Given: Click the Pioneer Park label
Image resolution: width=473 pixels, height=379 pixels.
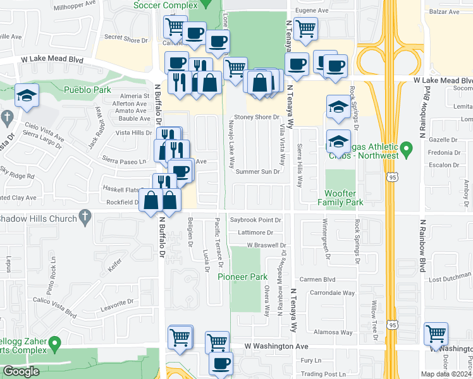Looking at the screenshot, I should [x=243, y=277].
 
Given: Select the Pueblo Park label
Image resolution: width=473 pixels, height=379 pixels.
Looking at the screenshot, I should [x=87, y=90].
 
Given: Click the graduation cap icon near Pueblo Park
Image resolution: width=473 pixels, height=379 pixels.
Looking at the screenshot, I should [x=27, y=95].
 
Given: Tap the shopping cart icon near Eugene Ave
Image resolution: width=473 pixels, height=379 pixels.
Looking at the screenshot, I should [x=305, y=27].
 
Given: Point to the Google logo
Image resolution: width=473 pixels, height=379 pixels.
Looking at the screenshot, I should [x=21, y=371].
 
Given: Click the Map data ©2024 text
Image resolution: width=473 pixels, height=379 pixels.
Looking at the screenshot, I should [x=446, y=374].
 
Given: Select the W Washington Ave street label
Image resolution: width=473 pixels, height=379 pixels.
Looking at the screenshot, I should [x=276, y=347].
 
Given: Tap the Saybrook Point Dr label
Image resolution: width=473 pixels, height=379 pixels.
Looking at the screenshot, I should [x=255, y=220].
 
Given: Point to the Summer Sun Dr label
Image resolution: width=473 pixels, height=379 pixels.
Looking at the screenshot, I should [x=257, y=172].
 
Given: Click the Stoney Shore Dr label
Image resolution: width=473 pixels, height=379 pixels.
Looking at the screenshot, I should [x=257, y=117].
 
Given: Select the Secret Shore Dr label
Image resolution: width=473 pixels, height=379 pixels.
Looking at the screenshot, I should [x=125, y=37].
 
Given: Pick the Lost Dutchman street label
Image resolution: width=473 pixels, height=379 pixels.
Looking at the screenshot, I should [x=450, y=279].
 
